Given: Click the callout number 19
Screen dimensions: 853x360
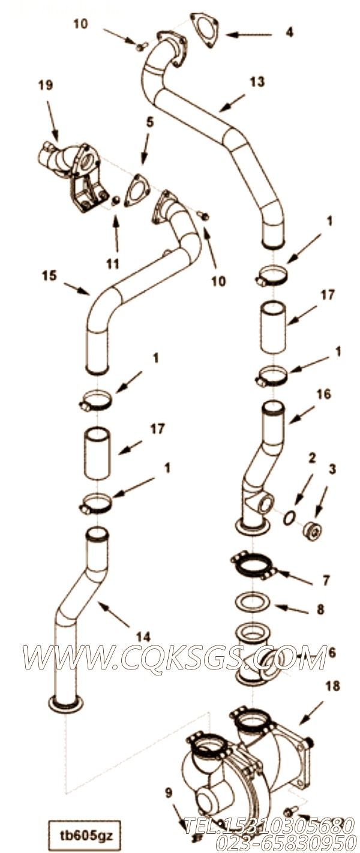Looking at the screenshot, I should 46,86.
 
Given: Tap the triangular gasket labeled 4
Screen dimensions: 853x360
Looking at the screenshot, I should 205,30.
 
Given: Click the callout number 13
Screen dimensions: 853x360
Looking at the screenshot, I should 257,82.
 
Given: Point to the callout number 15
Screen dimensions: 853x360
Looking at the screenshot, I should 49,276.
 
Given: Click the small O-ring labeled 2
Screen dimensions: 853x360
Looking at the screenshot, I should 289,517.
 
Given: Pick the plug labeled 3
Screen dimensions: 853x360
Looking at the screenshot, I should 311,530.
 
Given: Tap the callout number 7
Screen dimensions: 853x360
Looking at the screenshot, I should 326,580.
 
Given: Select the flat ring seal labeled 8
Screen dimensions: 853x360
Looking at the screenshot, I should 252,602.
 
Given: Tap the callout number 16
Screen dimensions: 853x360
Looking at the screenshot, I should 323,394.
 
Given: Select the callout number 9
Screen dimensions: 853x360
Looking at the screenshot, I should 169,793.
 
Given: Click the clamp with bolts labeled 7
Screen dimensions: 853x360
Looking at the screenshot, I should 253,565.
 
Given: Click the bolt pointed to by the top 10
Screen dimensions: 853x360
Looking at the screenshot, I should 142,46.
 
